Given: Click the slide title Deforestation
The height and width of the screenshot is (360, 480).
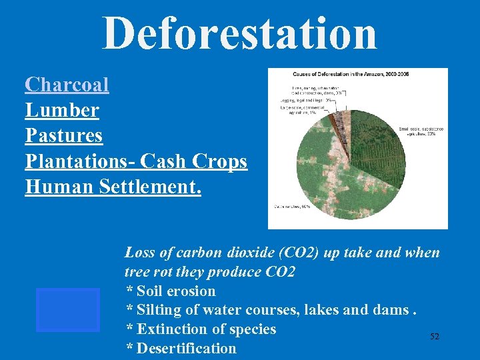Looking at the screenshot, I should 239,33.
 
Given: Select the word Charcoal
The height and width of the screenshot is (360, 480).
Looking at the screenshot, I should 67,85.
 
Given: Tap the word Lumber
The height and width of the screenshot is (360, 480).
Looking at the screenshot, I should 62,110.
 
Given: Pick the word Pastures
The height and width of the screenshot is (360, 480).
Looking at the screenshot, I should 64,135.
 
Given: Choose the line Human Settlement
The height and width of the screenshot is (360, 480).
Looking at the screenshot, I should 113,187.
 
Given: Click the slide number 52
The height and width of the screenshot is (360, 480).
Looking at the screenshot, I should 435,337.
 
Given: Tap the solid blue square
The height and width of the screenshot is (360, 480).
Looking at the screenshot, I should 68,309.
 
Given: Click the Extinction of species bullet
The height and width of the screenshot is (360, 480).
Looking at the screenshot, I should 201,329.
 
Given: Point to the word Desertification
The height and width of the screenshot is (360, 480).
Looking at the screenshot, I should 187,348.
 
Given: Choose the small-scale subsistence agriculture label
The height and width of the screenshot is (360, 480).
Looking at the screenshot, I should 421,131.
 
